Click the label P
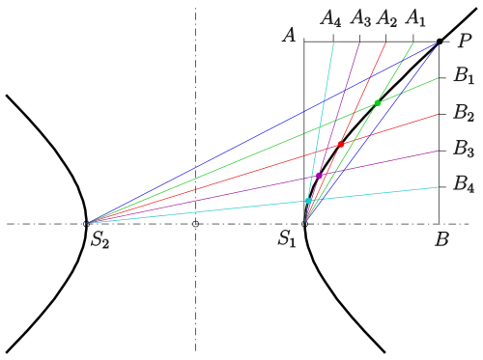pyautogui.click(x=465, y=41)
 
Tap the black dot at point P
pyautogui.click(x=440, y=42)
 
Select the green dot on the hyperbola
pyautogui.click(x=378, y=103)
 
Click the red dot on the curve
pyautogui.click(x=341, y=144)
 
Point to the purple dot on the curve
pyautogui.click(x=319, y=176)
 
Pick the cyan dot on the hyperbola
pyautogui.click(x=308, y=201)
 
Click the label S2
pyautogui.click(x=99, y=239)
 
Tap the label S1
pyautogui.click(x=287, y=239)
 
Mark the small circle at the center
pyautogui.click(x=195, y=224)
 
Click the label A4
pyautogui.click(x=330, y=18)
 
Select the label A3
pyautogui.click(x=360, y=18)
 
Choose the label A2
pyautogui.click(x=386, y=18)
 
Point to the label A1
pyautogui.click(x=415, y=18)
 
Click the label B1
pyautogui.click(x=464, y=75)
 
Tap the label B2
pyautogui.click(x=464, y=113)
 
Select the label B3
pyautogui.click(x=464, y=149)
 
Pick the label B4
pyautogui.click(x=464, y=184)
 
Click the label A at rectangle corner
pyautogui.click(x=289, y=35)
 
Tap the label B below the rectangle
pyautogui.click(x=441, y=239)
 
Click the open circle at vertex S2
pyautogui.click(x=86, y=224)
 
